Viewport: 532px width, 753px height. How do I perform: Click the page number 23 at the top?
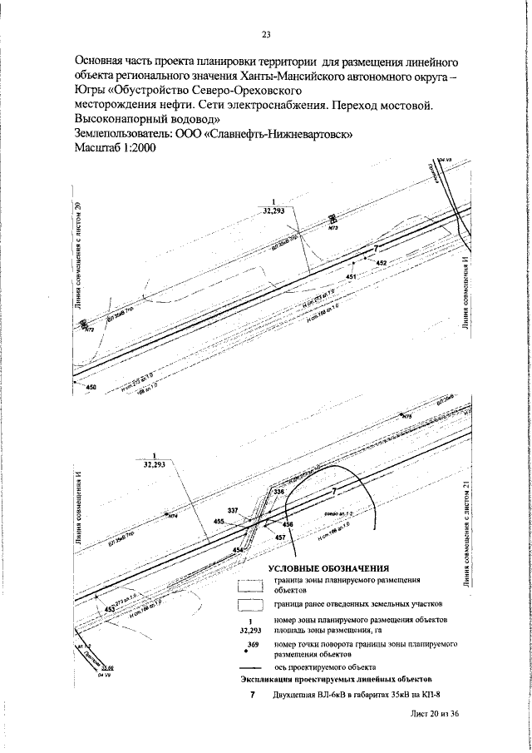tap(266, 34)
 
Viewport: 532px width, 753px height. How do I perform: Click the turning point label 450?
tap(91, 387)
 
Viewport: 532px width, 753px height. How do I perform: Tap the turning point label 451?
tap(351, 276)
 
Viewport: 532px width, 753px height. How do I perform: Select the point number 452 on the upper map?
tap(382, 263)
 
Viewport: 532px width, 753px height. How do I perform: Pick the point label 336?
tap(278, 493)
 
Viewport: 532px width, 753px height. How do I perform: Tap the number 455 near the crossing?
tap(219, 521)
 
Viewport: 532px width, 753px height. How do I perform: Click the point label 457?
tap(279, 538)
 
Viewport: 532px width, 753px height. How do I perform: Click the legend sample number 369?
tap(255, 646)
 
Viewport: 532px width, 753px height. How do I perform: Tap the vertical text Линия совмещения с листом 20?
tap(79, 266)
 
